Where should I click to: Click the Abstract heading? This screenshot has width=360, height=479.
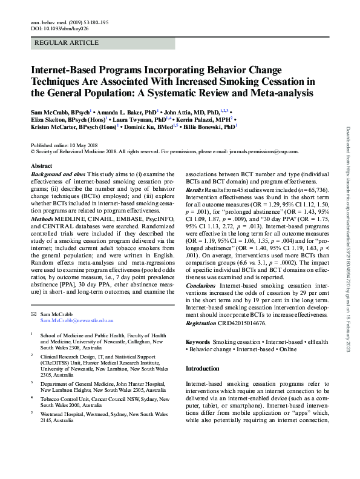point(41,165)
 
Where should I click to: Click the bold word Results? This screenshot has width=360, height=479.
point(195,190)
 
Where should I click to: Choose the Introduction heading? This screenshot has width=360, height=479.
point(203,368)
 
